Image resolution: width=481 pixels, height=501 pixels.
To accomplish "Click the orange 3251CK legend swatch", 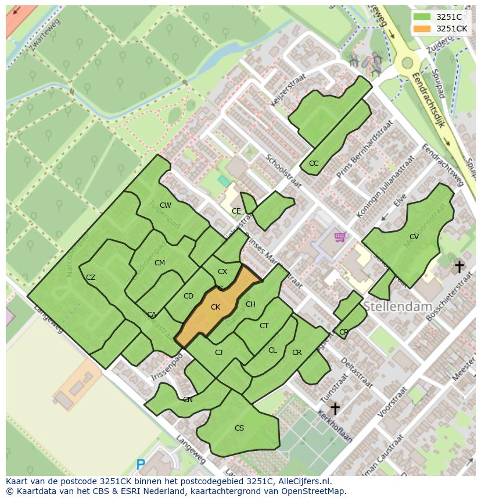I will click(x=422, y=29).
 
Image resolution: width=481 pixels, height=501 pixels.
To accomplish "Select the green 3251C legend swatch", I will click(x=422, y=17).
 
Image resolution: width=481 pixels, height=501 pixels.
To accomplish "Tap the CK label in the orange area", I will click(x=216, y=307).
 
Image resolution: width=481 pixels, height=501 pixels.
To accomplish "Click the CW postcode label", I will click(x=166, y=205).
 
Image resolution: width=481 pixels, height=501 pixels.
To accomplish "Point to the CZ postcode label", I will click(x=91, y=278).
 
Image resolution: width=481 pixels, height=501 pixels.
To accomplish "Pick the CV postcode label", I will click(x=414, y=237).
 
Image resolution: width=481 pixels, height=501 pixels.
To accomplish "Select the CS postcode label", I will click(x=239, y=428).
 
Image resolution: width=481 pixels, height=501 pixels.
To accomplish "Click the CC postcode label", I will click(x=314, y=164).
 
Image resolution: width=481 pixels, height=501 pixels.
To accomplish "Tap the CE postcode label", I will click(x=236, y=211).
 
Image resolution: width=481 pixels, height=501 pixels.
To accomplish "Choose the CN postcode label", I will click(x=188, y=400).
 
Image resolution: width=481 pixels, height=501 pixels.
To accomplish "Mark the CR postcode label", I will click(x=297, y=353).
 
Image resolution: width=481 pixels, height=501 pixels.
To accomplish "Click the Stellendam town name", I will click(x=398, y=307).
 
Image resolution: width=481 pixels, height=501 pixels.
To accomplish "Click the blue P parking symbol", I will click(x=141, y=465).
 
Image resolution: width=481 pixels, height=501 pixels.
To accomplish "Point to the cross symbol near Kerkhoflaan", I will click(x=335, y=408).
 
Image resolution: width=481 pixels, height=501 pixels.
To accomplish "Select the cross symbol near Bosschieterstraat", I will click(x=460, y=267).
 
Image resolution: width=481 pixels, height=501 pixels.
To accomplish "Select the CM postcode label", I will click(x=160, y=263).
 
